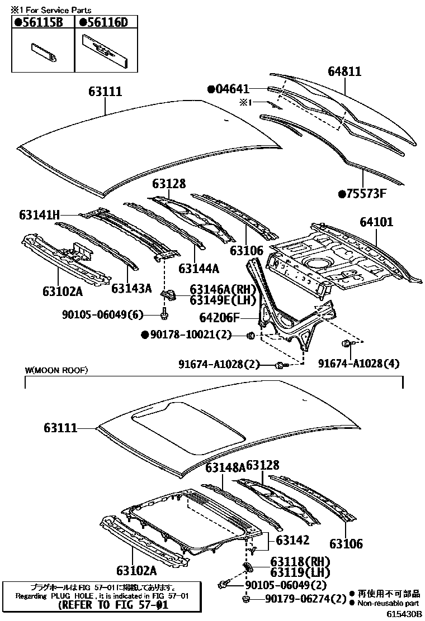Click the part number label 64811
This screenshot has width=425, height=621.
coord(344,71)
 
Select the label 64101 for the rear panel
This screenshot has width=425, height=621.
coord(376,222)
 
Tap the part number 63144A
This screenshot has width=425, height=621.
coord(199,268)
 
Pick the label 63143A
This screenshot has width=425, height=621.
coord(131,288)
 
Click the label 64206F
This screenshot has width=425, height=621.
coord(219,318)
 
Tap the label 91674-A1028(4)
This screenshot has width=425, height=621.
coord(359,364)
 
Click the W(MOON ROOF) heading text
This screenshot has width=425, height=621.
coord(56,370)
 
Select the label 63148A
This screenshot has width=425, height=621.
coord(225,467)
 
